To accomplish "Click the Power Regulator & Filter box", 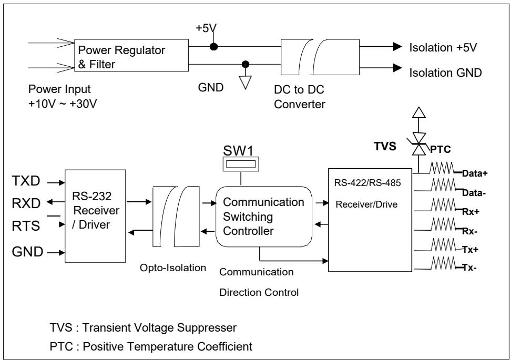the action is click(x=131, y=55).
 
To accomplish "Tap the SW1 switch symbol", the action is click(x=241, y=164).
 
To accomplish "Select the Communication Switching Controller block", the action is click(x=264, y=217).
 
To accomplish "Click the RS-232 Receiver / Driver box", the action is click(x=95, y=216).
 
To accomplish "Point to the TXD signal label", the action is click(x=26, y=181).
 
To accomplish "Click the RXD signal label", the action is click(x=26, y=203).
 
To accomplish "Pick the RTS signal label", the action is click(x=26, y=226).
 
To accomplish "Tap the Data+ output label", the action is click(x=475, y=173).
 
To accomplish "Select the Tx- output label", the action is click(x=470, y=268).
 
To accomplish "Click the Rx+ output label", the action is click(x=471, y=212).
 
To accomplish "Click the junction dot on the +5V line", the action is click(x=213, y=46).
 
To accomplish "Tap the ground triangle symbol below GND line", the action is click(x=245, y=83).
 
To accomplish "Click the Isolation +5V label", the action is click(x=443, y=47).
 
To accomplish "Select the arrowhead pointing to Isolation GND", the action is click(x=397, y=68).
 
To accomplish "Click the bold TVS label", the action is click(x=385, y=146).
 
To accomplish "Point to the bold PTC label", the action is click(x=441, y=150).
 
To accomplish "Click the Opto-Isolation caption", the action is click(x=173, y=268).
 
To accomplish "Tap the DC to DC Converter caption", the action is click(x=300, y=97).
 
